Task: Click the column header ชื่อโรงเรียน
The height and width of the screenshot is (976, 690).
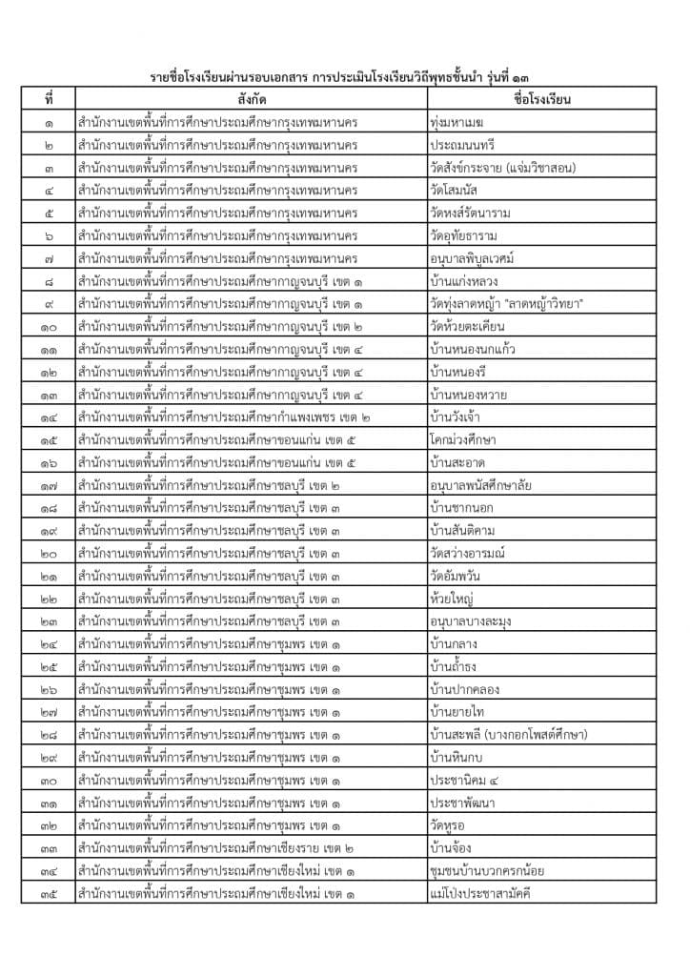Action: click(541, 98)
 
